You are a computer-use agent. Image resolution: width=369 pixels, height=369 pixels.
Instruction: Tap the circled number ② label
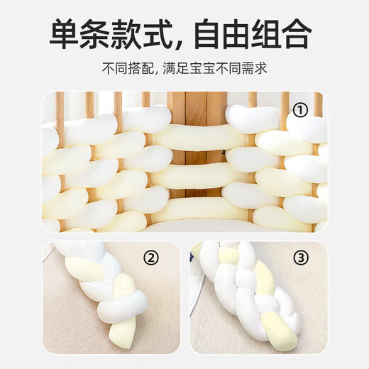click(x=150, y=257)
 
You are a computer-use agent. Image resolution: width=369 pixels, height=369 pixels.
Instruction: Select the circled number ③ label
click(x=301, y=257)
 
